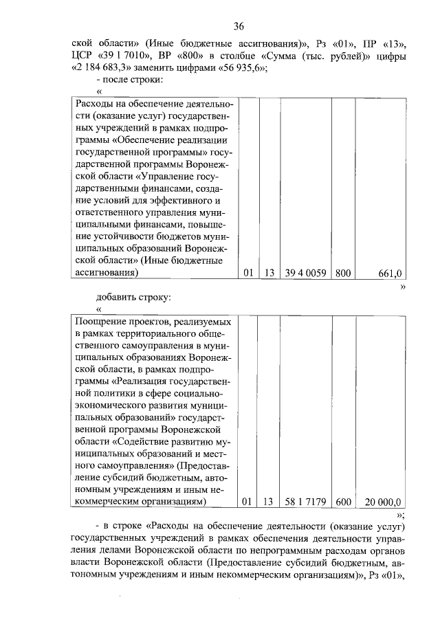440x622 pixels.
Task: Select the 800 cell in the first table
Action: coord(342,274)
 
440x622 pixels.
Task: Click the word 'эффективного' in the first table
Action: coord(185,200)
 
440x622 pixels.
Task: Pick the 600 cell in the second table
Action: coord(342,502)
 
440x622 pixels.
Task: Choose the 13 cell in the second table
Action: coord(268,502)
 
